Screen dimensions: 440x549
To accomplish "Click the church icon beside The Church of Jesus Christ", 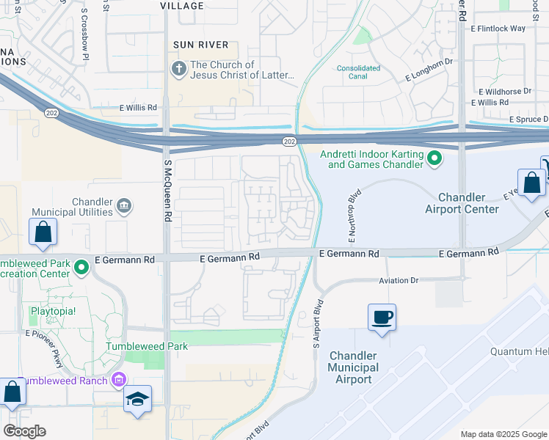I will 178,70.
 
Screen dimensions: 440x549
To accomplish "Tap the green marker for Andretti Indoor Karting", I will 435,158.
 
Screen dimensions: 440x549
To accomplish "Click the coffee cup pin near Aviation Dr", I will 382,318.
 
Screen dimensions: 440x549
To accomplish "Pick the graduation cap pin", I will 137,400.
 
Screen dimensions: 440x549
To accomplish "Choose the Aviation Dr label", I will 398,281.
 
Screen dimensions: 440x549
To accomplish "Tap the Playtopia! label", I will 52,311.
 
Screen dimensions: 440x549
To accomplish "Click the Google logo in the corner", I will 24,430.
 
